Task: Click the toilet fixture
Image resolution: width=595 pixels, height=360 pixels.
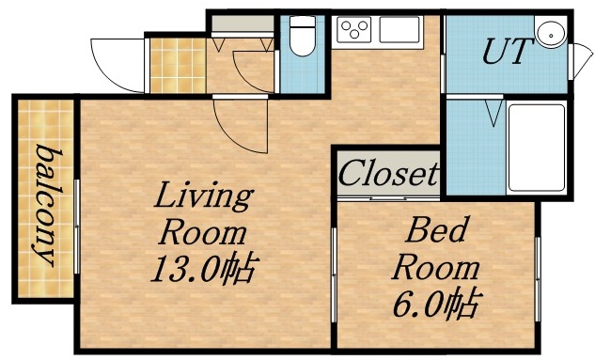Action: click(303, 39)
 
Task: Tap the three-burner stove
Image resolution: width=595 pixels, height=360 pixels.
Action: click(356, 31)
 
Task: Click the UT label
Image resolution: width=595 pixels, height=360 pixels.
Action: click(503, 53)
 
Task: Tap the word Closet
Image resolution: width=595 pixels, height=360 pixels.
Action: click(388, 173)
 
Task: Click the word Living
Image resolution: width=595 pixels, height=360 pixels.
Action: click(204, 197)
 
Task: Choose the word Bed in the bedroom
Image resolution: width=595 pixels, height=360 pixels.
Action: click(435, 230)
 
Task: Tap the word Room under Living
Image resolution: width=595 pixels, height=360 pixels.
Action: click(204, 232)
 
